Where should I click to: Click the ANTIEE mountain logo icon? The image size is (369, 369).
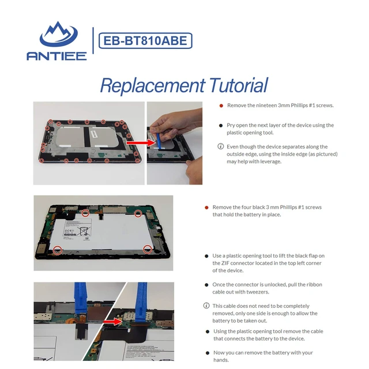coord(58,35)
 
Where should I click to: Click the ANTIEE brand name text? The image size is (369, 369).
coord(57,56)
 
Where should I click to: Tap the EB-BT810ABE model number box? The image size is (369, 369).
coord(145,41)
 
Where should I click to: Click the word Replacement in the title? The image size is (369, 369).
coord(152,85)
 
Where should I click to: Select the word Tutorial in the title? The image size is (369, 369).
coord(238,85)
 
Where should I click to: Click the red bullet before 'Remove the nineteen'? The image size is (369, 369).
coord(221,106)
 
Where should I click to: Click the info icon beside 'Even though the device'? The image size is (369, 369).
coord(220,146)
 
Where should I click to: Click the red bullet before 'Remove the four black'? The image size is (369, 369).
coord(206,208)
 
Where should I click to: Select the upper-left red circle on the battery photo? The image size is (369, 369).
coord(85,213)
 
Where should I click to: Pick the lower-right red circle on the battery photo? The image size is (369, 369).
coord(148,250)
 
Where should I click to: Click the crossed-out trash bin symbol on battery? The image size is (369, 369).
coord(84,231)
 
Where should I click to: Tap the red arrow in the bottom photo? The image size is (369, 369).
coord(112,322)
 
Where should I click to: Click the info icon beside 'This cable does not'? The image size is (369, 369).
coord(206,306)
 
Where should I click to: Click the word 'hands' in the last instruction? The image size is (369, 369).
coord(220,360)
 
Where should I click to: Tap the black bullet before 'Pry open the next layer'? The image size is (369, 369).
coord(221,126)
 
